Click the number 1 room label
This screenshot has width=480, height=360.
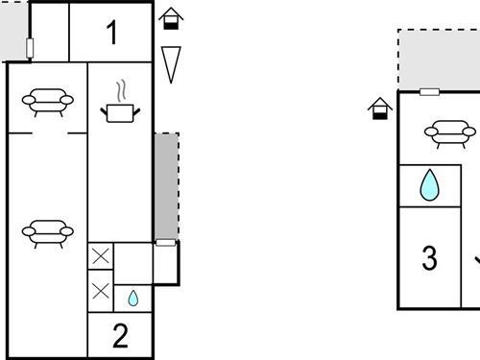coord(111,34)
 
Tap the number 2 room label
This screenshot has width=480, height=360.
coord(120,336)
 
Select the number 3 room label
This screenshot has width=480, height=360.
coord(429,258)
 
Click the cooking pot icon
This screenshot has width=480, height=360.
coord(120,111)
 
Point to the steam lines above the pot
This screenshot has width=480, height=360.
coord(120,91)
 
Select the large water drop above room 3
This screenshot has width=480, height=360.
coord(429,185)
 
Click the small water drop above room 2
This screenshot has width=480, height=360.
coord(132,299)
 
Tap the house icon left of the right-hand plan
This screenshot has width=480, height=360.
coord(381,108)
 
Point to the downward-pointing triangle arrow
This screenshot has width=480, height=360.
coord(171,63)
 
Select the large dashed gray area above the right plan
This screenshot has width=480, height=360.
coord(440,60)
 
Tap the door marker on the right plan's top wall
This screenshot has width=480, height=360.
coord(430,92)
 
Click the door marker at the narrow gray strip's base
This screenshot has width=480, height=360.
coord(166,243)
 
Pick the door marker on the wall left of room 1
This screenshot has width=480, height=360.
coord(31,48)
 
